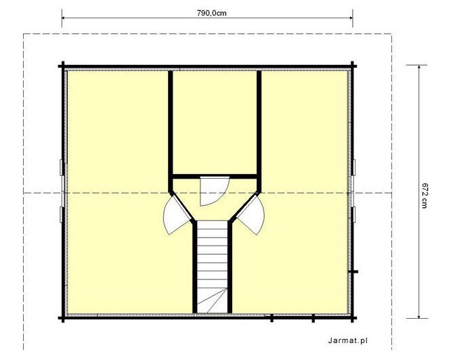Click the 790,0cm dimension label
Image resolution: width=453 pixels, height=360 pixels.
coord(212,13)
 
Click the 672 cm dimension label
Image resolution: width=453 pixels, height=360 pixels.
coord(424,196)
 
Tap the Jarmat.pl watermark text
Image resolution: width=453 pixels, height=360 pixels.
coord(348,340)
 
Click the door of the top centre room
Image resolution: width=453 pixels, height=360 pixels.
coord(215,191)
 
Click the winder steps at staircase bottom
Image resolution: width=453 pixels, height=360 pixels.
coord(213,300)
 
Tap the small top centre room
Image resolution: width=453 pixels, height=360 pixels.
coord(215,122)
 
